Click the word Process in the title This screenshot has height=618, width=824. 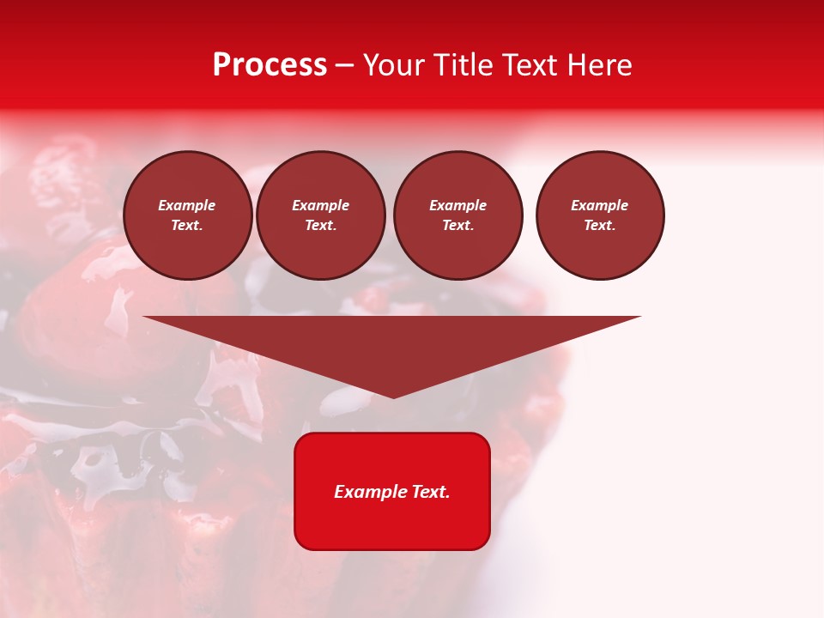click(x=270, y=65)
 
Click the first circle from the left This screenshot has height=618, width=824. click(x=188, y=215)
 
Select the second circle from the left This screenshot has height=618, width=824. click(x=321, y=215)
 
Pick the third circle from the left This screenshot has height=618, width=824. click(x=458, y=215)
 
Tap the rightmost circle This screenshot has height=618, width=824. click(x=600, y=215)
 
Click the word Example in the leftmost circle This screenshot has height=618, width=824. click(x=187, y=205)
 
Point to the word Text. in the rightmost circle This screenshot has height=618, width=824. click(x=600, y=225)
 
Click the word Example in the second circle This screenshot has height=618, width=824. click(x=321, y=205)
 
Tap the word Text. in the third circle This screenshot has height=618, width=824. click(x=458, y=225)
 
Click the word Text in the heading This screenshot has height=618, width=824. click(x=529, y=65)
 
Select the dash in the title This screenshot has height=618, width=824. click(x=344, y=66)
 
